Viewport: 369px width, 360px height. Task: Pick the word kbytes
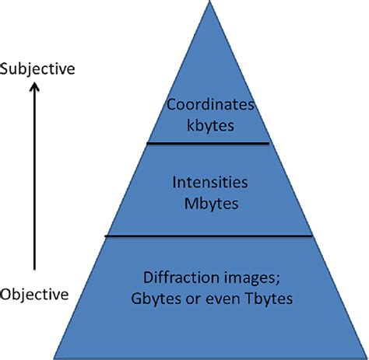[x=208, y=124]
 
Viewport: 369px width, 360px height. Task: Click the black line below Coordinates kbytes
[x=208, y=143]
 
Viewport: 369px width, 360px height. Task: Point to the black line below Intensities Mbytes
[x=208, y=236]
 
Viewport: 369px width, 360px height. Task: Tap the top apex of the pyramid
[x=209, y=2]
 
